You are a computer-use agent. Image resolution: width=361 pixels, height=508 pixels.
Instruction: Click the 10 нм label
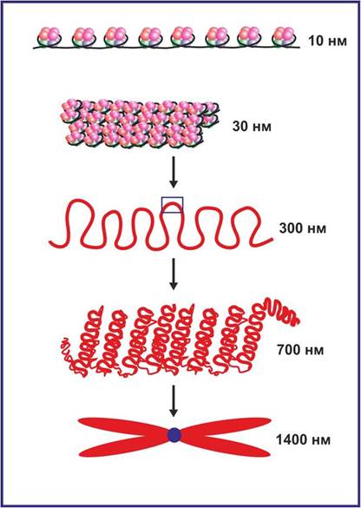tap(327, 42)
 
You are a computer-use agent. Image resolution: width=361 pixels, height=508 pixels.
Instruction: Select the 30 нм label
tap(252, 127)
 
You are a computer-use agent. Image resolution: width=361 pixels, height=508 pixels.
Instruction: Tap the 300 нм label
tap(303, 228)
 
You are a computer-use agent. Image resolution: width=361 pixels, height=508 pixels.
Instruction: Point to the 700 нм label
tap(300, 351)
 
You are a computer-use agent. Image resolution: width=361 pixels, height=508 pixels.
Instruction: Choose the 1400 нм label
tap(304, 440)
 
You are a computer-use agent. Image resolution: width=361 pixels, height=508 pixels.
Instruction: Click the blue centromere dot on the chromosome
tap(174, 435)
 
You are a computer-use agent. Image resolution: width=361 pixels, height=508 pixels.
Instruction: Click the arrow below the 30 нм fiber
tap(174, 172)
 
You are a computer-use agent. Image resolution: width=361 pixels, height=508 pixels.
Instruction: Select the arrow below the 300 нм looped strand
tap(174, 274)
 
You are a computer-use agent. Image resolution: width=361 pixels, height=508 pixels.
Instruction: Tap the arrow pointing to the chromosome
tap(174, 401)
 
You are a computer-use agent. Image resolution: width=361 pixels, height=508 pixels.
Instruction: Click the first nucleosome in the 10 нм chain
tap(49, 37)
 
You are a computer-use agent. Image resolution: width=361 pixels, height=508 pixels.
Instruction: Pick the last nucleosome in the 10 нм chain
tap(285, 37)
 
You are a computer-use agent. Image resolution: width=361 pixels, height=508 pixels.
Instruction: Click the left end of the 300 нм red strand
tap(50, 242)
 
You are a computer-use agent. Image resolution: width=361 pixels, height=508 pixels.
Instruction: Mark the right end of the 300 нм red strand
tap(272, 239)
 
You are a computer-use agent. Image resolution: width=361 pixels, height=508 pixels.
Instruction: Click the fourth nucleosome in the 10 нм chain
tap(150, 37)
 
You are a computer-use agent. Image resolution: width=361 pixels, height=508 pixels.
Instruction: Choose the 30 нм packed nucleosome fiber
tap(139, 124)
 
